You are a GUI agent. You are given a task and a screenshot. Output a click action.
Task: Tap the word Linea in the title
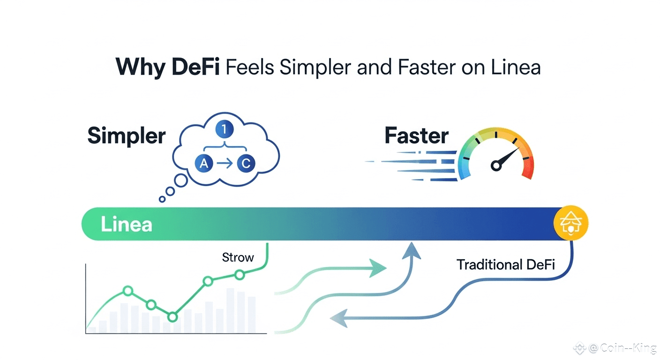[x=516, y=67]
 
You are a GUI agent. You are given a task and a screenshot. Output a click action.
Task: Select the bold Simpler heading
[x=127, y=136]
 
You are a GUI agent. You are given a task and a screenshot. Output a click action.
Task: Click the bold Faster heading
[x=416, y=136]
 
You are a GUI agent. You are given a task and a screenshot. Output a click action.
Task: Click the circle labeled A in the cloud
[x=204, y=164]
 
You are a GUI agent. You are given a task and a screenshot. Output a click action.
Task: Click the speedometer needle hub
[x=496, y=165]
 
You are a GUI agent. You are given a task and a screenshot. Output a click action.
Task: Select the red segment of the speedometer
[x=528, y=169]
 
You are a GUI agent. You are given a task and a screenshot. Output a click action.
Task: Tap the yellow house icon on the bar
[x=570, y=224]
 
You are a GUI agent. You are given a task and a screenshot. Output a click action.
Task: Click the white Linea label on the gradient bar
[x=127, y=224]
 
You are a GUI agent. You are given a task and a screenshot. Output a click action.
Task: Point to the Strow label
[x=238, y=257]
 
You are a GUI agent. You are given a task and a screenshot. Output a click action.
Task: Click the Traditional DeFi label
[x=506, y=265]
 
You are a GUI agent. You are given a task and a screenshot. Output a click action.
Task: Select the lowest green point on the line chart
[x=172, y=317]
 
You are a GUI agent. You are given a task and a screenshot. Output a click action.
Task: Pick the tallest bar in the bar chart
[x=230, y=310]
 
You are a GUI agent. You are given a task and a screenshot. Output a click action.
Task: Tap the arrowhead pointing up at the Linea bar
[x=411, y=249]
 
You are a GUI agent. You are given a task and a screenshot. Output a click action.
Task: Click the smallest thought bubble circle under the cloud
[x=162, y=199]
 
